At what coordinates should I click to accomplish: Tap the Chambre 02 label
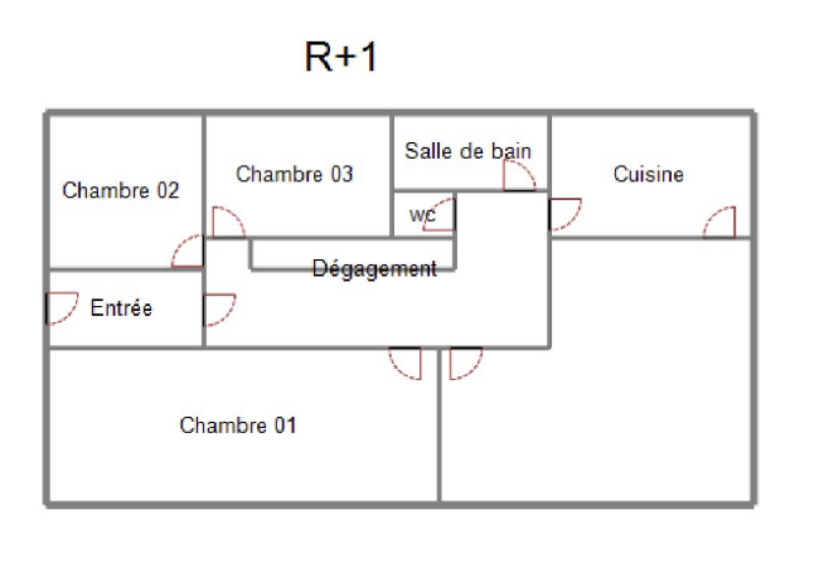(121, 190)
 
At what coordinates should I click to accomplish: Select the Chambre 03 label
(294, 174)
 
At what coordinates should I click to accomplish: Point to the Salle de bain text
(468, 151)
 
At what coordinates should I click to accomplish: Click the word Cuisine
(648, 175)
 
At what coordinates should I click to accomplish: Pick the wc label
(422, 215)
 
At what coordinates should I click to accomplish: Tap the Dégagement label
(374, 269)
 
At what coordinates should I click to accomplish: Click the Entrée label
(121, 308)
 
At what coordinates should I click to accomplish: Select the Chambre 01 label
(238, 425)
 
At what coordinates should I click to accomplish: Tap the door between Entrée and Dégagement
(218, 309)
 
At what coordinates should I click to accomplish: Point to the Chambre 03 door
(227, 223)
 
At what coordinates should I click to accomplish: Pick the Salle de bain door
(519, 176)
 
